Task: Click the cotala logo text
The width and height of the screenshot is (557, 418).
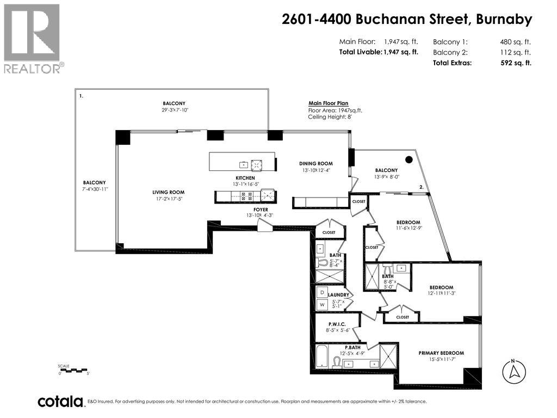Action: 60,402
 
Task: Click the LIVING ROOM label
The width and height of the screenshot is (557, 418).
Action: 168,192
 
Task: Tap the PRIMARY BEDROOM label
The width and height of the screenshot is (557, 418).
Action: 441,353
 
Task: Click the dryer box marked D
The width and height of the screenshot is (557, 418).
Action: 321,292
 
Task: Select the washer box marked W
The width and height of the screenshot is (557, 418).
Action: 321,305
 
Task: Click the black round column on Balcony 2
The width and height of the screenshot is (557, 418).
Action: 409,160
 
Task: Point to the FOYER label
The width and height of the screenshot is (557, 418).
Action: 261,210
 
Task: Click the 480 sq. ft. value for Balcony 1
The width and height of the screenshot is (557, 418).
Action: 515,42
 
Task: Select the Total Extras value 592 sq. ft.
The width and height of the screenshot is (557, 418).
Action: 515,63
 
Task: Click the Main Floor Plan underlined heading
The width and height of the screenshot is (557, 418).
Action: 328,103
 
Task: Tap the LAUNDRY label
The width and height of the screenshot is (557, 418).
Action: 338,295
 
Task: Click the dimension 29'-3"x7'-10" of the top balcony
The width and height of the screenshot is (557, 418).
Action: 174,110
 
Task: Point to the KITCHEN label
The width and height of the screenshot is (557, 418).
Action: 245,178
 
